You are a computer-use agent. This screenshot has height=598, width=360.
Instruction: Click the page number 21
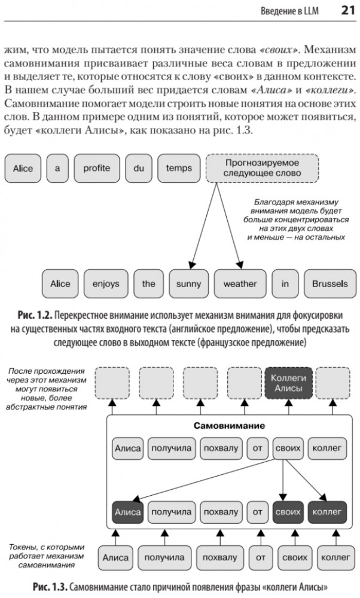coord(348,10)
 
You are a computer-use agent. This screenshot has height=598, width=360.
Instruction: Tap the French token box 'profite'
coord(96,168)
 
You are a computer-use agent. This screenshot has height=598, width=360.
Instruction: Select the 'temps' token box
coord(179,168)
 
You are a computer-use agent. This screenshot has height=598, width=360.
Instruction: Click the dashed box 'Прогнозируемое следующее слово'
coord(261,168)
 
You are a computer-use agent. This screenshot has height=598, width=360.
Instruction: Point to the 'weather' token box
coord(240,283)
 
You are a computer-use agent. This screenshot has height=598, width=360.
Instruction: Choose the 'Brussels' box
coord(330,283)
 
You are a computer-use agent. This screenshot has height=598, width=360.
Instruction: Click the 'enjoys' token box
coord(105,283)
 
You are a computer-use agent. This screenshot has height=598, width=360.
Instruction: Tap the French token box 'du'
coord(139,168)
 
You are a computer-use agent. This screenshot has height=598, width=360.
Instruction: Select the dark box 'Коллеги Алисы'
coord(288,383)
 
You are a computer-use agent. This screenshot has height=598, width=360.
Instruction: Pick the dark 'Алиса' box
coord(127,512)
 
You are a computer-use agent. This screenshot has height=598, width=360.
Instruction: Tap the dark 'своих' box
coord(288,512)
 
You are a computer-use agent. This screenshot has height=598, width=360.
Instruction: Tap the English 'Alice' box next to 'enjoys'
coord(60,283)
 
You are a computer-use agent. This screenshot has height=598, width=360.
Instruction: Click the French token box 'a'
coord(57,168)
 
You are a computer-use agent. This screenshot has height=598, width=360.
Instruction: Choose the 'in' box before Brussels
coord(285,283)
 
